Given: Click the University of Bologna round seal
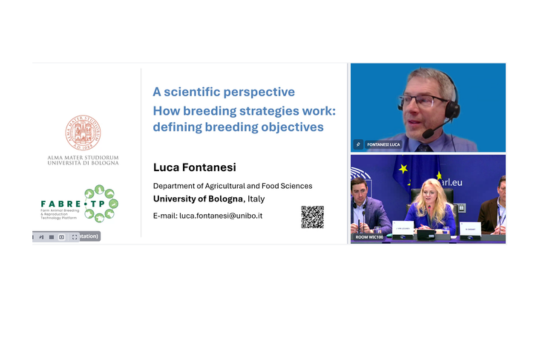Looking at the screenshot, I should coord(82,133).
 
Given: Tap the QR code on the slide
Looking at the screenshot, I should coord(312,216).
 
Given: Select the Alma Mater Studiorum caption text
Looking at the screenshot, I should coord(82,160).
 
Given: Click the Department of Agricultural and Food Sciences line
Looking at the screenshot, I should coord(231,185).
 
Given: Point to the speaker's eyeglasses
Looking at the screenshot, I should coord(423,101).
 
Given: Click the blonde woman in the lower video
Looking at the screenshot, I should coord(434,207).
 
